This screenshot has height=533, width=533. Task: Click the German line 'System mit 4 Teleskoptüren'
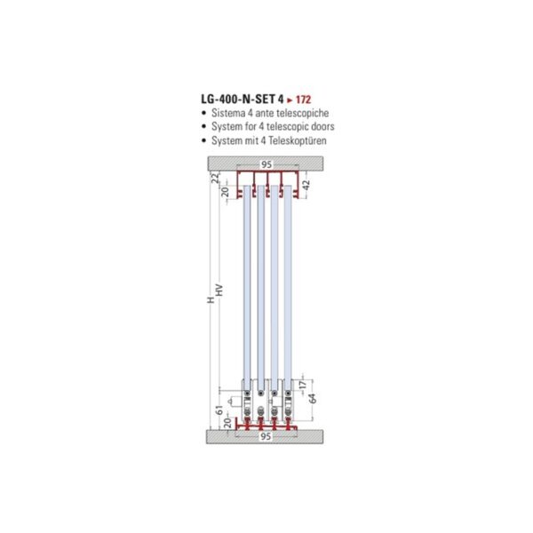tap(274, 140)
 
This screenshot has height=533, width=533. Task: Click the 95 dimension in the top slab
tap(266, 164)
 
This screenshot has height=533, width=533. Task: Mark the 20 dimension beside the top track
tap(225, 190)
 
